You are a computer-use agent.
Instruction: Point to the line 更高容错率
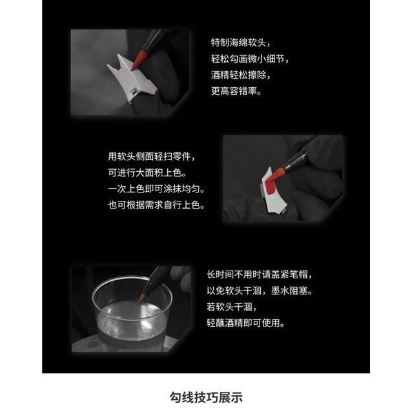point(236,92)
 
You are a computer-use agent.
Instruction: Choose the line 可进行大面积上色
point(147,173)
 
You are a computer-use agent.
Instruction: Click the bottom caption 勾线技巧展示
point(206,397)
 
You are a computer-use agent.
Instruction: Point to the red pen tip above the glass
point(141,297)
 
